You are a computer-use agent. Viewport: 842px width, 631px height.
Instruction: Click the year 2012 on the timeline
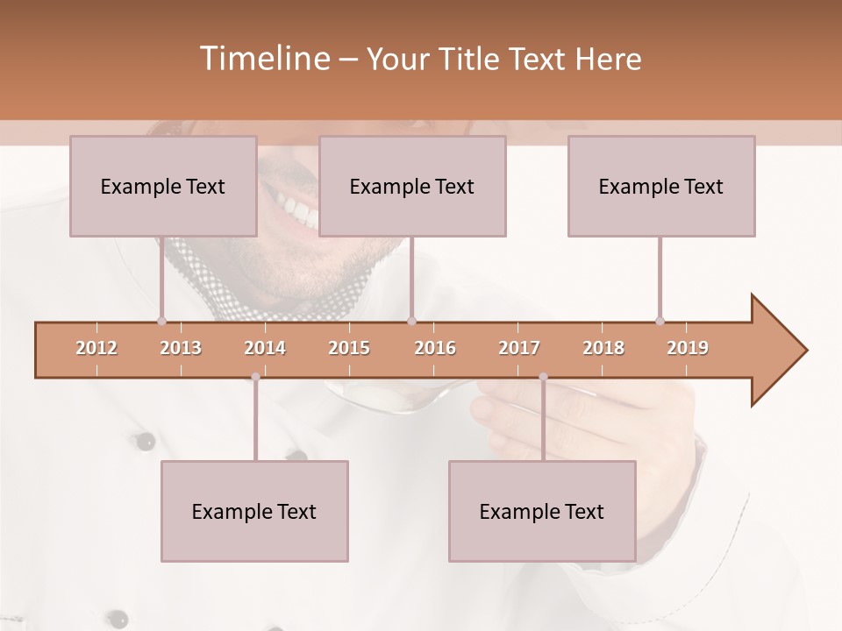coord(96,348)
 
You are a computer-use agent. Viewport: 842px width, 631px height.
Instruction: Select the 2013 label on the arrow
coord(181,348)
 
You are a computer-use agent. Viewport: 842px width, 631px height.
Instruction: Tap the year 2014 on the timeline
coord(265,348)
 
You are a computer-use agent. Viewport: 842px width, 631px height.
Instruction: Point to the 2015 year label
coord(349,348)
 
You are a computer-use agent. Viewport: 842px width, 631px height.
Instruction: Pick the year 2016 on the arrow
coord(435,348)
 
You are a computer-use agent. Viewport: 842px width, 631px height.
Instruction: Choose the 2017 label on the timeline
coord(519,348)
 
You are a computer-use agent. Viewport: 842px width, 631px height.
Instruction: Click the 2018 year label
coord(603,348)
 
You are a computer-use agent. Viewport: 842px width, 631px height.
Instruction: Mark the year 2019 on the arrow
coord(688,348)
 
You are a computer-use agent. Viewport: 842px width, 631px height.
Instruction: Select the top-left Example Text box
coord(163,186)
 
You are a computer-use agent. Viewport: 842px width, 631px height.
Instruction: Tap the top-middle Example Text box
coord(412,186)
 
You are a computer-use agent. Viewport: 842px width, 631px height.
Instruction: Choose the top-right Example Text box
coord(661,186)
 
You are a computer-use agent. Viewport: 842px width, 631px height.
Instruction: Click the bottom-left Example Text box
coord(254,511)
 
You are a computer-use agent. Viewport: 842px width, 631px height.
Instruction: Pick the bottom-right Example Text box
coord(542,511)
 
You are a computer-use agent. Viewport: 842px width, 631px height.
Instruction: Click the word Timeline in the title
coord(262,59)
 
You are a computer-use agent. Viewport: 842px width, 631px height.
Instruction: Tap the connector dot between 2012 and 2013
coord(161,321)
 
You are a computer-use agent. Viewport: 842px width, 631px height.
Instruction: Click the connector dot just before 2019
coord(660,321)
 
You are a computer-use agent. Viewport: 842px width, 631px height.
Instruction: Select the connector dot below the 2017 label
coord(543,377)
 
